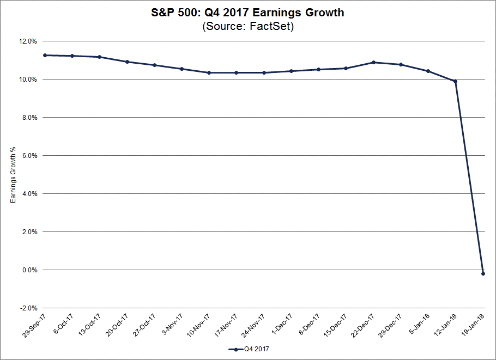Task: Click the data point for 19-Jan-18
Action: click(x=483, y=273)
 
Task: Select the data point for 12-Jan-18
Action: click(x=456, y=82)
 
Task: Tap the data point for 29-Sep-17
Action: click(x=45, y=55)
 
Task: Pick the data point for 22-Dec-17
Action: click(x=373, y=62)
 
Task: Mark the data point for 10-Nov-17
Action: click(x=209, y=72)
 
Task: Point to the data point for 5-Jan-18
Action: click(x=428, y=71)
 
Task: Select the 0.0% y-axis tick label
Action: click(x=29, y=270)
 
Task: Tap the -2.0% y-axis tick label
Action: click(x=28, y=308)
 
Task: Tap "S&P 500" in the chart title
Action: click(x=169, y=12)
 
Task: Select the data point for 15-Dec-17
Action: click(x=346, y=68)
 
